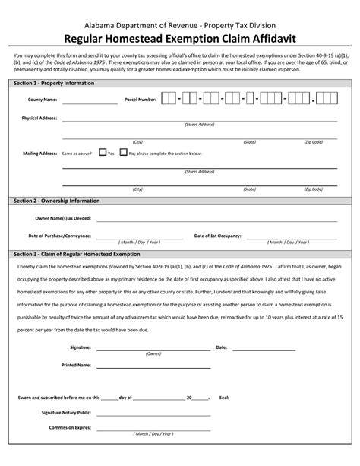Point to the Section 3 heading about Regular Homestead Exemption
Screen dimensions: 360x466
[77, 254]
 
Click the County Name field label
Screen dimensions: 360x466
[42, 100]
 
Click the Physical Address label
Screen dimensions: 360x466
[39, 119]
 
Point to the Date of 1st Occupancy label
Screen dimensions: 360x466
[218, 236]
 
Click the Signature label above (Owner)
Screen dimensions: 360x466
[81, 347]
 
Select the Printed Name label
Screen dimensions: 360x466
[77, 365]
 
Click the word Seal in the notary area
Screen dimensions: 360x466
[224, 397]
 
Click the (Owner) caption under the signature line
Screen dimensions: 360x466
[153, 353]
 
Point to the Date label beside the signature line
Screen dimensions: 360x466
[222, 347]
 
